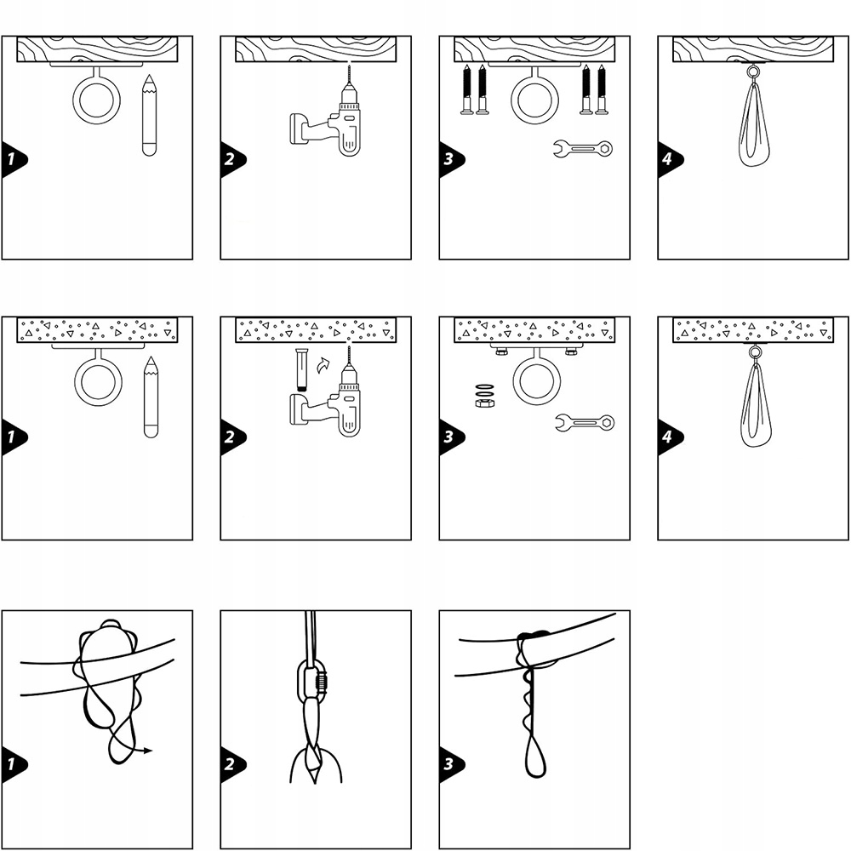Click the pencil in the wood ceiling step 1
tap(149, 116)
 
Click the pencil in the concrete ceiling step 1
tap(151, 397)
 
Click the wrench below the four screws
tap(583, 148)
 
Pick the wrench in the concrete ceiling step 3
tap(585, 422)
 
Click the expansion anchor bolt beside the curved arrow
tap(302, 370)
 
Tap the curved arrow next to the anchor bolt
tap(323, 366)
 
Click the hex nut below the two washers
tap(484, 403)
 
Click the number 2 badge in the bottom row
tap(231, 764)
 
